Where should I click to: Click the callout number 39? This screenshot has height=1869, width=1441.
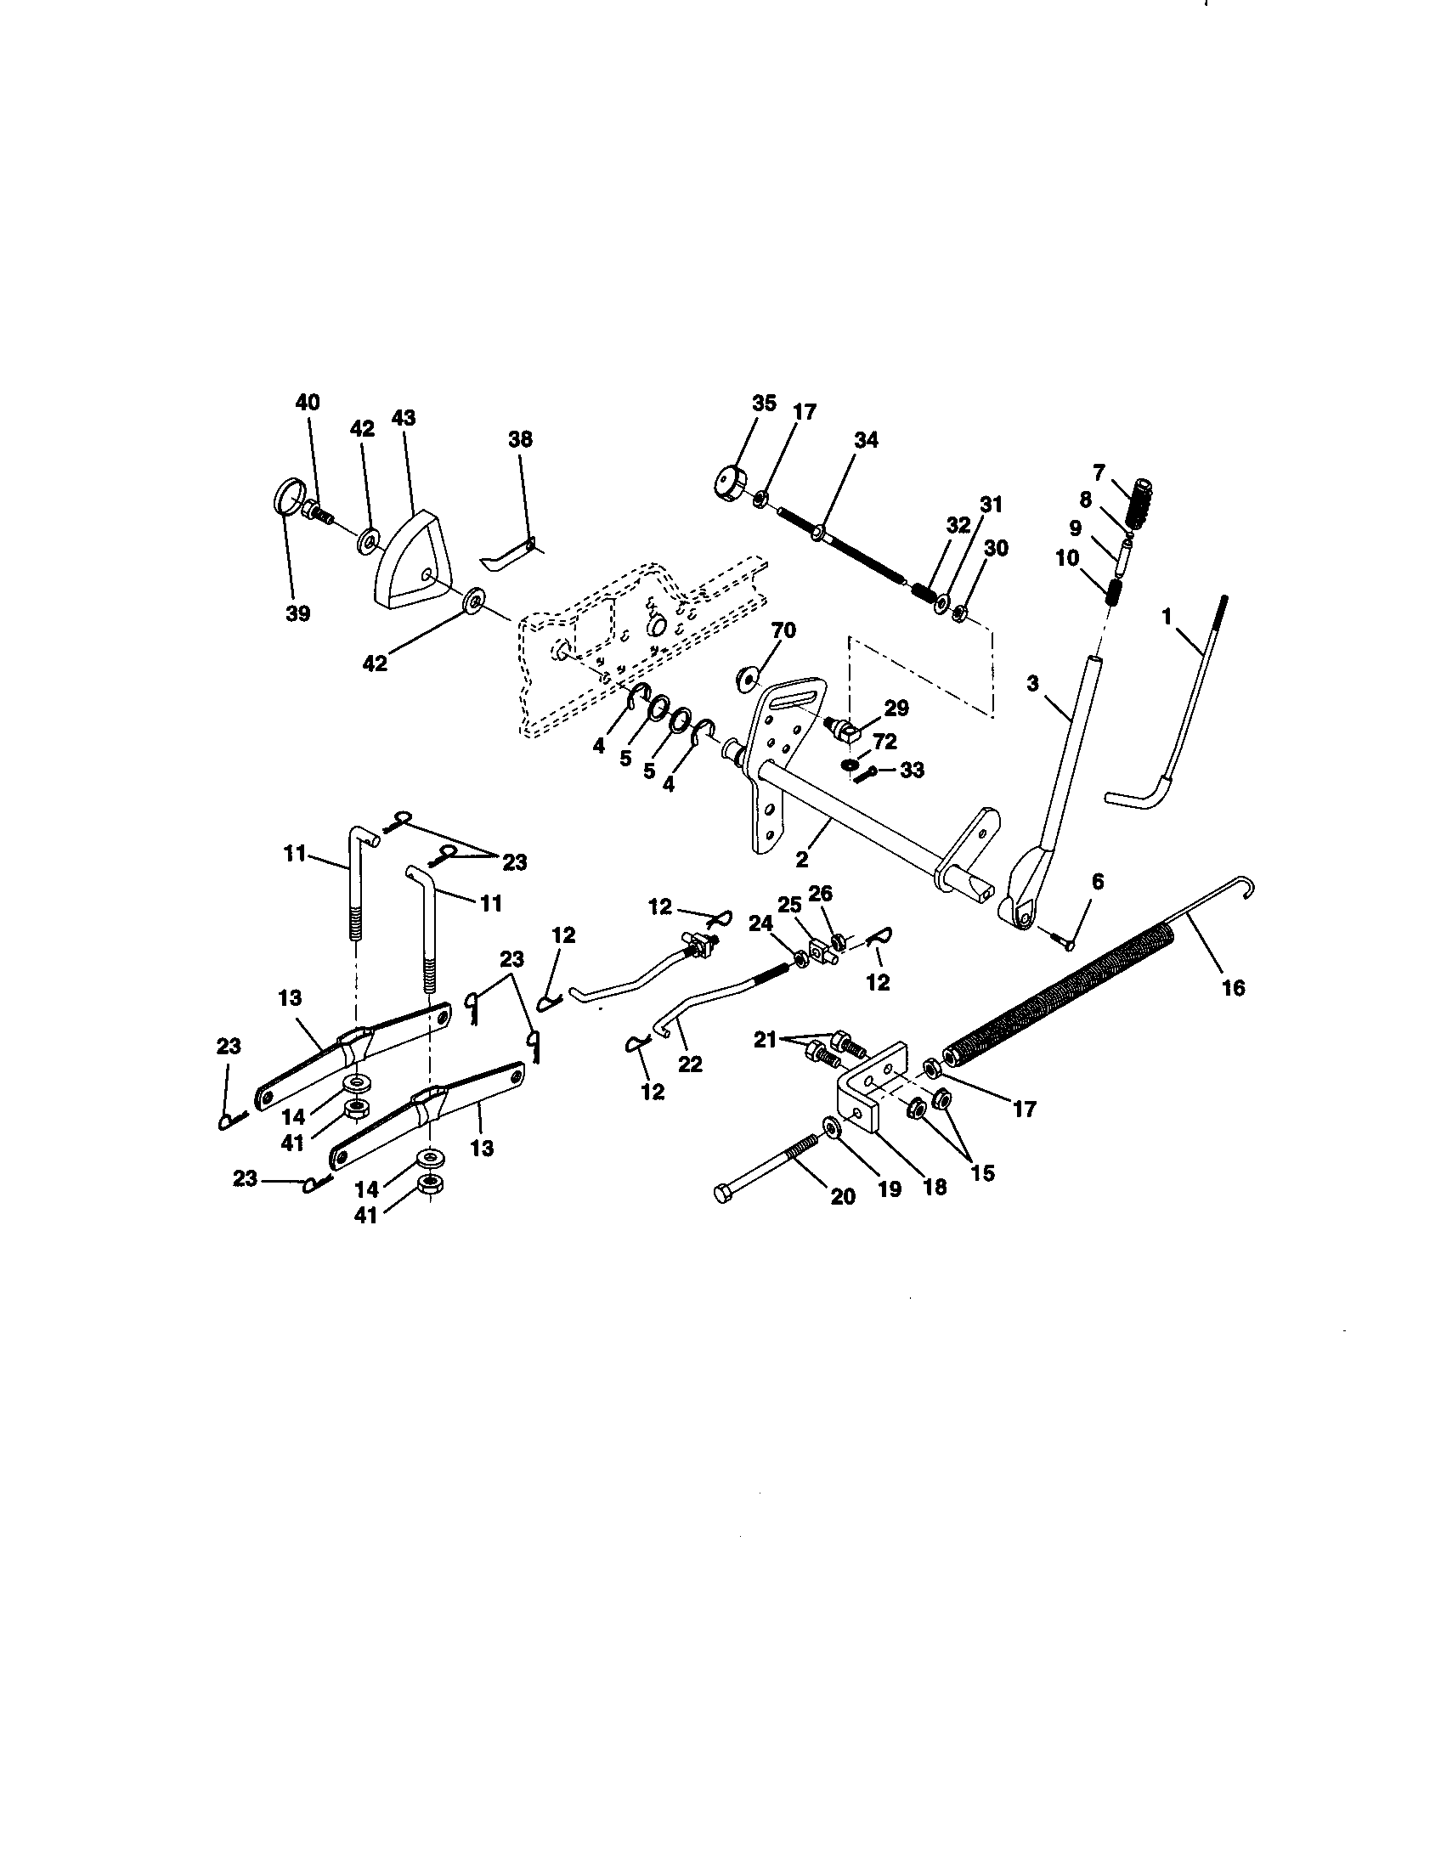click(x=297, y=613)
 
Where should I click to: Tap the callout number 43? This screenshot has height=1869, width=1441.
click(x=403, y=418)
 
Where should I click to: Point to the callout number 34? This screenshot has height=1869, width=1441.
click(x=866, y=440)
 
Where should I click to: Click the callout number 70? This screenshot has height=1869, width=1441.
click(x=783, y=630)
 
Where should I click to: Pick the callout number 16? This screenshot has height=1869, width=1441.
click(x=1233, y=988)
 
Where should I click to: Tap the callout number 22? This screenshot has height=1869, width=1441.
click(x=690, y=1064)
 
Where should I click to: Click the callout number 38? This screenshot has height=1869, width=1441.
click(x=519, y=439)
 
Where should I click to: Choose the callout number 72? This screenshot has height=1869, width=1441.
click(x=884, y=741)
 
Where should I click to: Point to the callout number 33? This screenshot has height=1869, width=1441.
click(x=913, y=770)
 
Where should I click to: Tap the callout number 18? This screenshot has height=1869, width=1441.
click(x=935, y=1187)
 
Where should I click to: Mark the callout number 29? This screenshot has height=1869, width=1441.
click(x=896, y=708)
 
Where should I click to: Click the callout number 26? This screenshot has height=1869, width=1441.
click(x=820, y=894)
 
